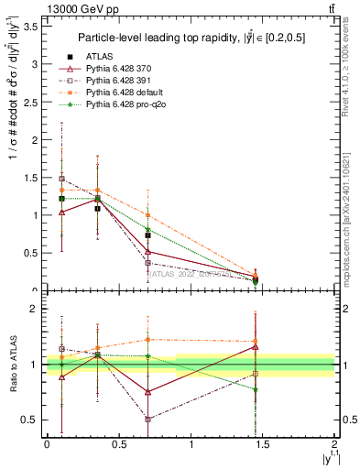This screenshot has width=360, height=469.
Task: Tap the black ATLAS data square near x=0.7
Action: pyautogui.click(x=147, y=235)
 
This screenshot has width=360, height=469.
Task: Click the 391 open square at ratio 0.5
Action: pyautogui.click(x=147, y=420)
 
